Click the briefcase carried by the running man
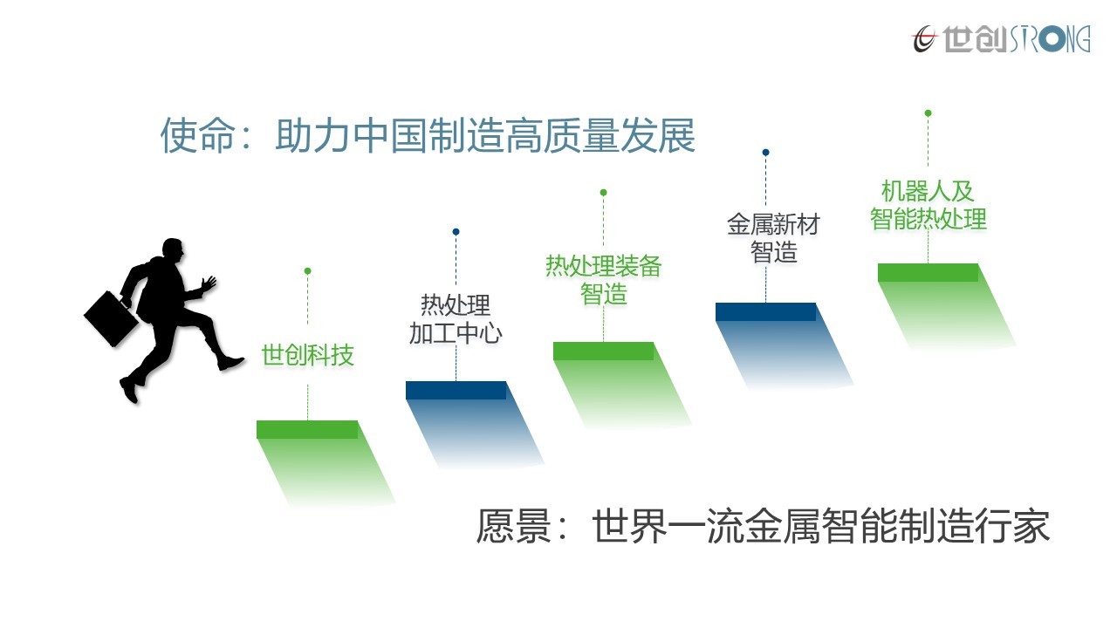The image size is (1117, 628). pos(111,319)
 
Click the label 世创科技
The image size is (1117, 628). pos(308,355)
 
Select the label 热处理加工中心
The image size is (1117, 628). pos(456,319)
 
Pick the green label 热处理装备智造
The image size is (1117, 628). pos(603,280)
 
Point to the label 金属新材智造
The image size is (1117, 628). pos(773,238)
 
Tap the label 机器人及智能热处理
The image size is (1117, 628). pos(928,205)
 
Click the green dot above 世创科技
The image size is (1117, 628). pos(308,271)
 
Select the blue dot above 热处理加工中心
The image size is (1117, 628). pos(456,232)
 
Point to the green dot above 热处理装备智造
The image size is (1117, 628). pos(603,193)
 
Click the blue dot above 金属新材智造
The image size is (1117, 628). pos(766,153)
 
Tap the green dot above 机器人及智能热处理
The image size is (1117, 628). pos(928,113)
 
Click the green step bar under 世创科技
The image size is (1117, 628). pos(307,430)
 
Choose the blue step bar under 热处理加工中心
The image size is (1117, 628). pos(456,390)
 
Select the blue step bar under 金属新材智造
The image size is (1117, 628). pos(766,311)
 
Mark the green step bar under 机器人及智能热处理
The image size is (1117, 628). pos(928,272)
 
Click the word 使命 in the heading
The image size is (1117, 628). pos(197,135)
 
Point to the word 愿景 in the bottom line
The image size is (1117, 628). pos(514,526)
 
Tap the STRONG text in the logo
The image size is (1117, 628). pos(1050,39)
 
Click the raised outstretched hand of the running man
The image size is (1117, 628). pos(209,283)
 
